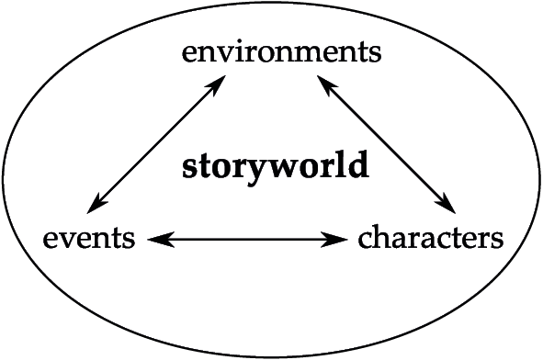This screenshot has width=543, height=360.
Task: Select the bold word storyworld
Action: click(x=276, y=168)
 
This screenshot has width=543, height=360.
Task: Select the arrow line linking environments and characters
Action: click(x=388, y=143)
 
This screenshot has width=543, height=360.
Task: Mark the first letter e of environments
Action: click(x=189, y=53)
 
